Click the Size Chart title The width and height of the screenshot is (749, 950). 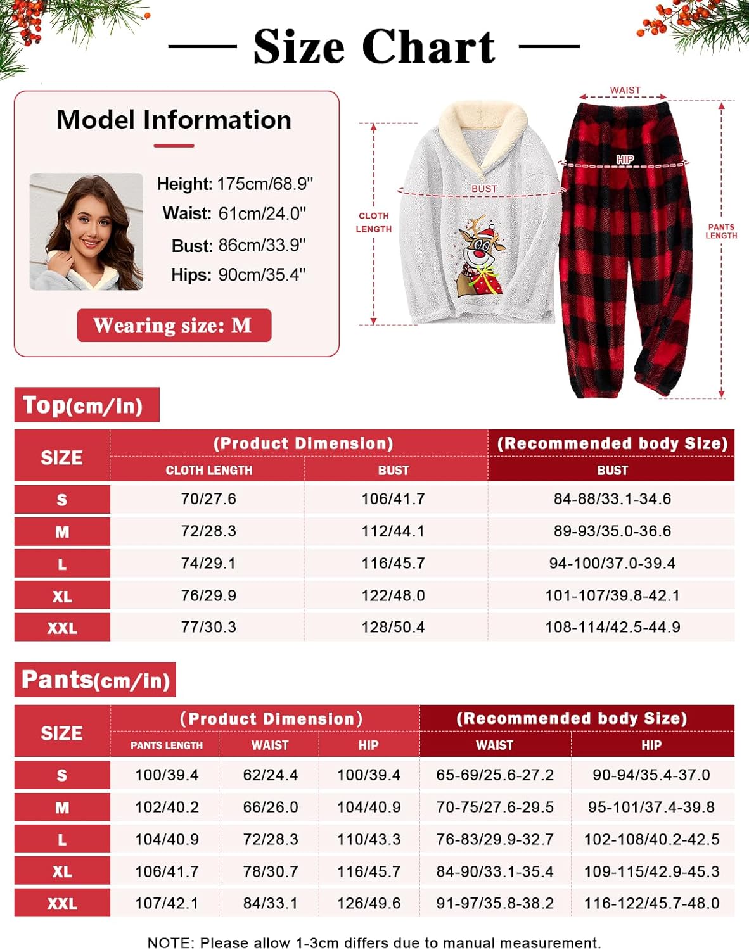(374, 47)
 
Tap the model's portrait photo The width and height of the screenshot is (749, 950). (86, 231)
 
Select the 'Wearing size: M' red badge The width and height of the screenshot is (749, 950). (174, 326)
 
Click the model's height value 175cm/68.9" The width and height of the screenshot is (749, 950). (265, 184)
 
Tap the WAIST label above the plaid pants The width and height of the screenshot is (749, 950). (625, 91)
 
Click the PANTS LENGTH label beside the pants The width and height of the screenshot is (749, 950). (721, 231)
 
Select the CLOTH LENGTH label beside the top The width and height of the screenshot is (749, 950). (374, 222)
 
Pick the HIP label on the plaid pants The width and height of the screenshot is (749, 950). (625, 160)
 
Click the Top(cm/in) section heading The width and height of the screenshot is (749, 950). (87, 405)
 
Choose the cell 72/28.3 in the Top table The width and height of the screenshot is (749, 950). (208, 531)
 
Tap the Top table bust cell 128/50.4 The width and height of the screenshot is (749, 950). (393, 627)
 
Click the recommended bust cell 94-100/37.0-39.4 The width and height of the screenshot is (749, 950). (612, 563)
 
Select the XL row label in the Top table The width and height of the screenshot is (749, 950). (62, 596)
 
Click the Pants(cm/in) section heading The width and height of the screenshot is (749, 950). (95, 680)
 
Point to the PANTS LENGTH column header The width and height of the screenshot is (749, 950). (167, 745)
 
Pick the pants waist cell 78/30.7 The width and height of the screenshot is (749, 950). (271, 871)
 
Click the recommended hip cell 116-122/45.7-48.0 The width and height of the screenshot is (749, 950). (651, 903)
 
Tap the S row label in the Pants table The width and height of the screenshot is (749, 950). (62, 775)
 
